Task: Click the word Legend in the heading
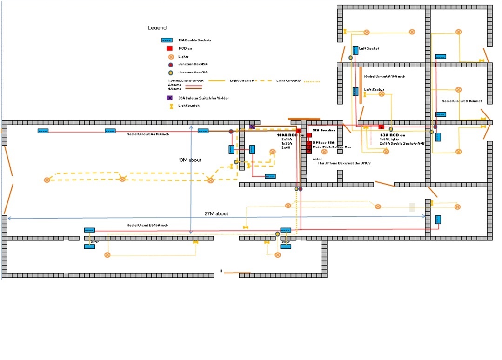157,28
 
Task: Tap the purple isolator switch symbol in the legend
170,98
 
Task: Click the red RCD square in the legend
170,48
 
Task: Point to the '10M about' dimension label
190,160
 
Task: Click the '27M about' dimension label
216,214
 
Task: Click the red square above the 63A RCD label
382,127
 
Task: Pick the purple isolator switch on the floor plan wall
252,127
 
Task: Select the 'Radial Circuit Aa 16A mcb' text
147,134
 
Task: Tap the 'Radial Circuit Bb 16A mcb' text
147,225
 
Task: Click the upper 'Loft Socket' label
369,48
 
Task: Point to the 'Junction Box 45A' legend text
193,64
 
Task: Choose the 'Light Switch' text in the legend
188,106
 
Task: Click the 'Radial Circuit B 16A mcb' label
462,101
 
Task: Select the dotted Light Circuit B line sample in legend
312,82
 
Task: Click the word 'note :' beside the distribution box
318,159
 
